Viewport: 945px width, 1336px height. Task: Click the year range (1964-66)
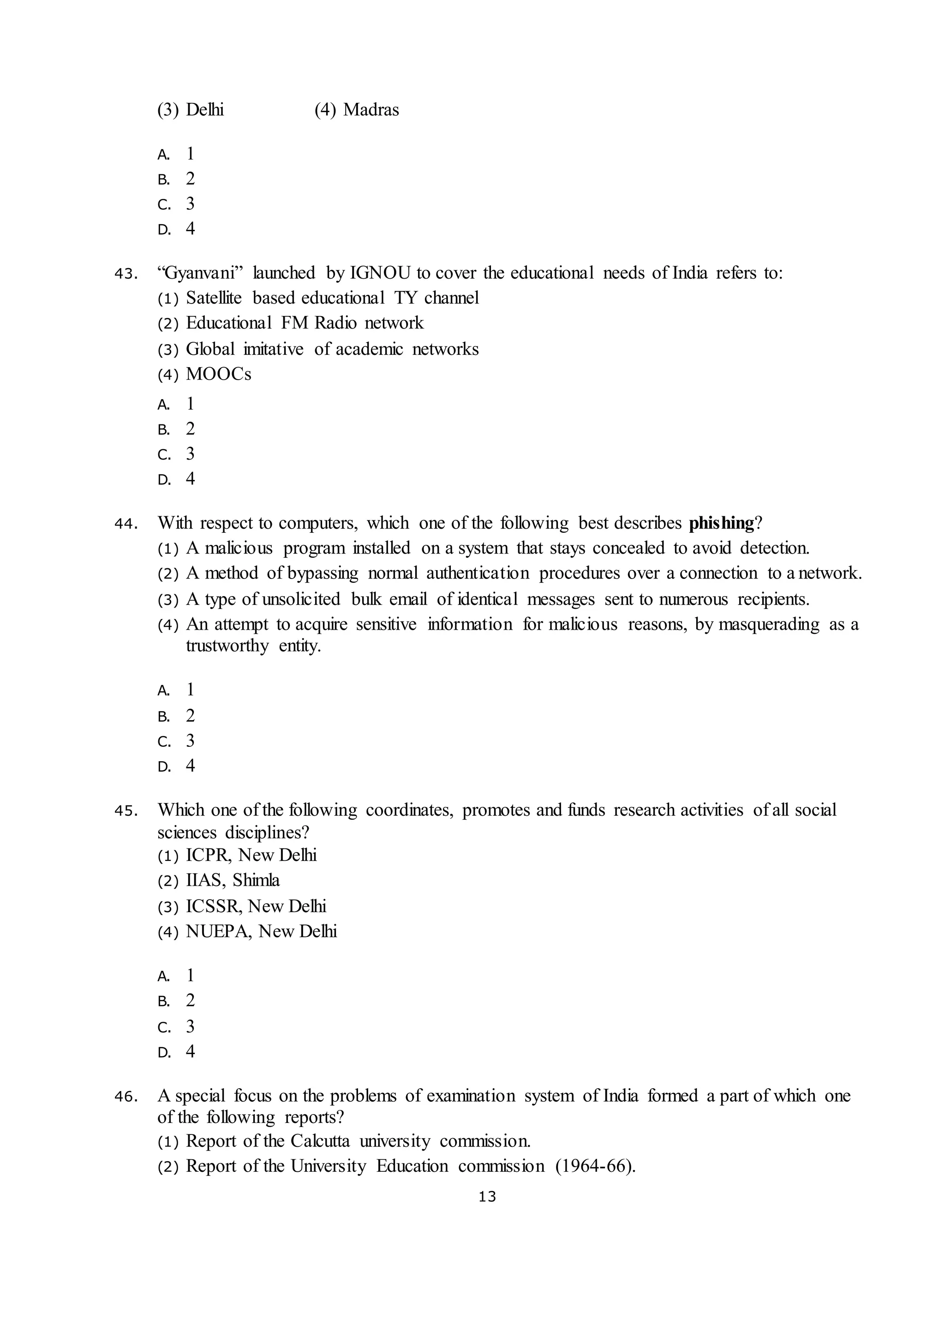[x=595, y=1166]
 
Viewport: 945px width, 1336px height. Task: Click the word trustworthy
[x=227, y=646]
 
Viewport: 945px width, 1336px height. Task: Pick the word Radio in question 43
[x=336, y=322]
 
